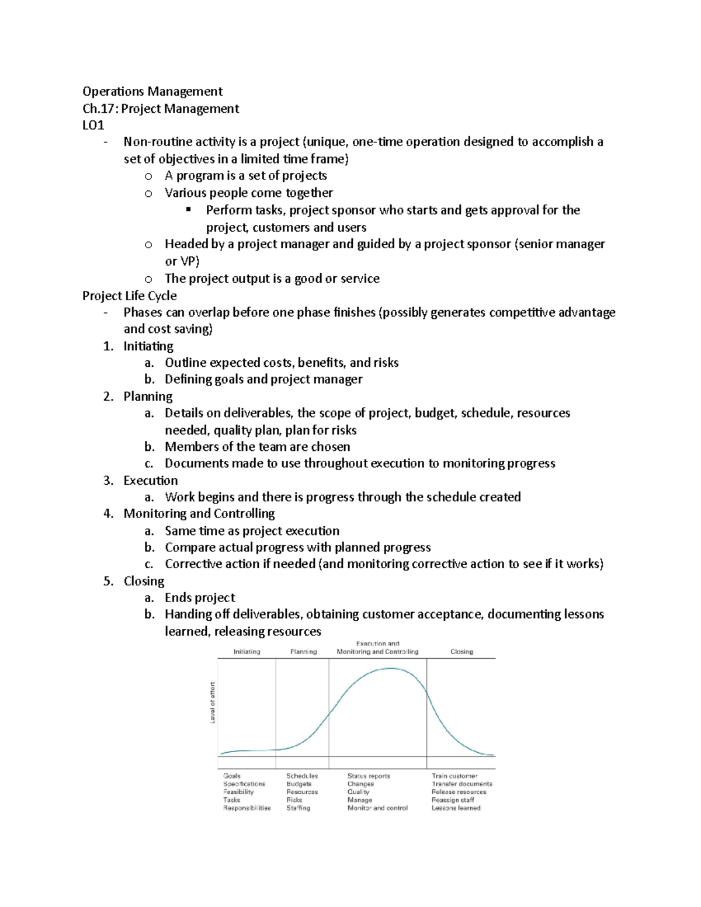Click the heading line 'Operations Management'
click(152, 92)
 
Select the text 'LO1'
click(93, 125)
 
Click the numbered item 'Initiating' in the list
click(148, 346)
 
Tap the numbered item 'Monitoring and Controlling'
click(199, 514)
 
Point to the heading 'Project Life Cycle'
click(129, 296)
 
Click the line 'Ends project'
click(200, 598)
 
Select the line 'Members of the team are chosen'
click(257, 447)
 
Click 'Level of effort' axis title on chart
click(213, 703)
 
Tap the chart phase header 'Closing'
click(461, 652)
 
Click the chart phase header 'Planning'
click(303, 652)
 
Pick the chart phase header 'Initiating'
click(247, 652)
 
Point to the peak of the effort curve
click(390, 669)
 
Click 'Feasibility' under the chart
click(238, 793)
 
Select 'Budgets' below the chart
click(299, 784)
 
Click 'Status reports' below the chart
click(369, 776)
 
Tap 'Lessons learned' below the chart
click(456, 808)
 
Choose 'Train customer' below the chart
click(454, 776)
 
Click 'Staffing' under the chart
click(298, 808)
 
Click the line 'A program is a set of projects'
click(245, 176)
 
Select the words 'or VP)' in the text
click(182, 262)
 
